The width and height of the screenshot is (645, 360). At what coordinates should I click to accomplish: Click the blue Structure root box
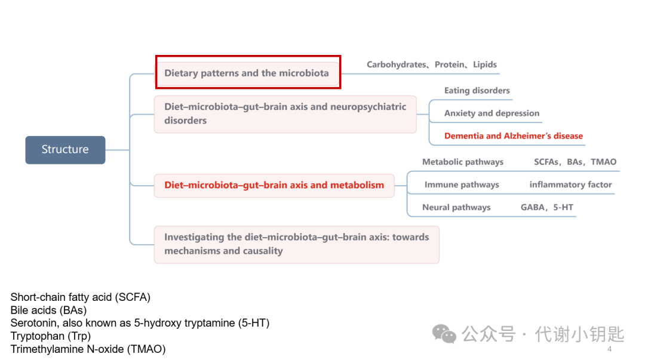65,150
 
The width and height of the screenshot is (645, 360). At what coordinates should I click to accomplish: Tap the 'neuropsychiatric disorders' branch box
285,114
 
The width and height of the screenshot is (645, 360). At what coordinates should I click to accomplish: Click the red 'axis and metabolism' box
274,186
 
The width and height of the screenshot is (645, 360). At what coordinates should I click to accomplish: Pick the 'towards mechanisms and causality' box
297,244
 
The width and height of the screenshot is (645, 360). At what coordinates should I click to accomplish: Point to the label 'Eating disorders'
477,91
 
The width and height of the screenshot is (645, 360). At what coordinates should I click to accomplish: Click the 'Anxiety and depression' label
492,113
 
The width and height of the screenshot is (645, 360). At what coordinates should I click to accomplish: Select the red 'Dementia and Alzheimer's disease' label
514,136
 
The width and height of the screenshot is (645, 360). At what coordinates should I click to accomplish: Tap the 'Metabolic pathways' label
463,162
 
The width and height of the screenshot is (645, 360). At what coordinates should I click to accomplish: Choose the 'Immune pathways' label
462,184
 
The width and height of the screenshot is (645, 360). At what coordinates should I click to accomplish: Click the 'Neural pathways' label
456,207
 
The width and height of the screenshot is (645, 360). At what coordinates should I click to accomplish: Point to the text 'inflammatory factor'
570,184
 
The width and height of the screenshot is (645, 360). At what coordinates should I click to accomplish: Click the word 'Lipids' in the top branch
484,64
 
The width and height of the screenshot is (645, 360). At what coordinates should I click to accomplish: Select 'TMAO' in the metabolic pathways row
603,162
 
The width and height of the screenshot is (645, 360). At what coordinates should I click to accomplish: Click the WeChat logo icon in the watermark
444,334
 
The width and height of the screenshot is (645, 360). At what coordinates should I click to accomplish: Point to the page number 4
609,349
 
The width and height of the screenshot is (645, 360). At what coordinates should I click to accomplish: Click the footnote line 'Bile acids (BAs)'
48,310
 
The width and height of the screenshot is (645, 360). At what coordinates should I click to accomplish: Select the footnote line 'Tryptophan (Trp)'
51,336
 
